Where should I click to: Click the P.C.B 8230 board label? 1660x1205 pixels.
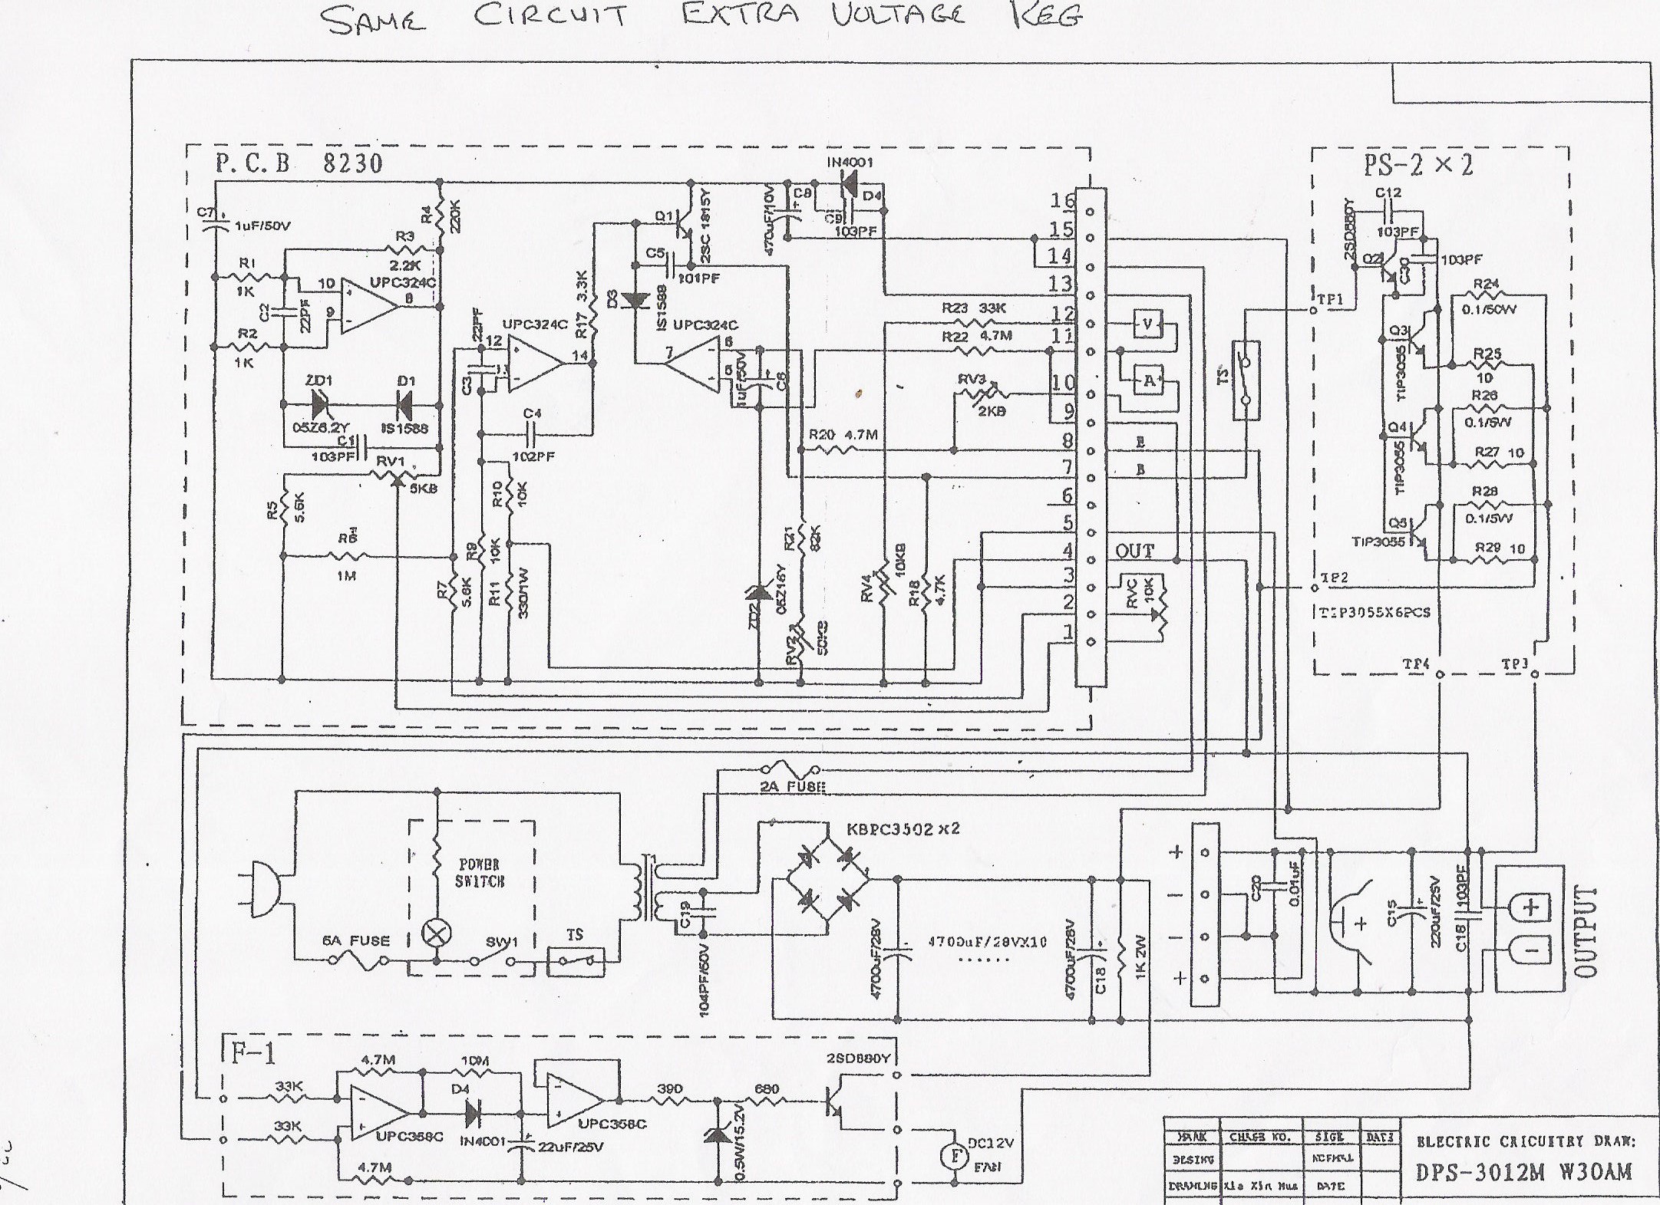[299, 163]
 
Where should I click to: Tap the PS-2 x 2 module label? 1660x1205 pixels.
[1428, 165]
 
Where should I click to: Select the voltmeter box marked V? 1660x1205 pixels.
[1147, 324]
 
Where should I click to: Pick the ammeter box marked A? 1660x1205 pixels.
[1148, 380]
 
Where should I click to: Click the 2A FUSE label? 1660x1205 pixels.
[791, 786]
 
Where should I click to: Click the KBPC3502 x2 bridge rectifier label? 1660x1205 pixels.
[903, 830]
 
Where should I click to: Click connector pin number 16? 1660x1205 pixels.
[1062, 202]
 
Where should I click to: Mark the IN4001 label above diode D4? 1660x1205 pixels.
[850, 163]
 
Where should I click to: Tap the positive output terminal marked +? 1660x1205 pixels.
[1530, 907]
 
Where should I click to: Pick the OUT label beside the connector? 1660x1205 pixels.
[1134, 551]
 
